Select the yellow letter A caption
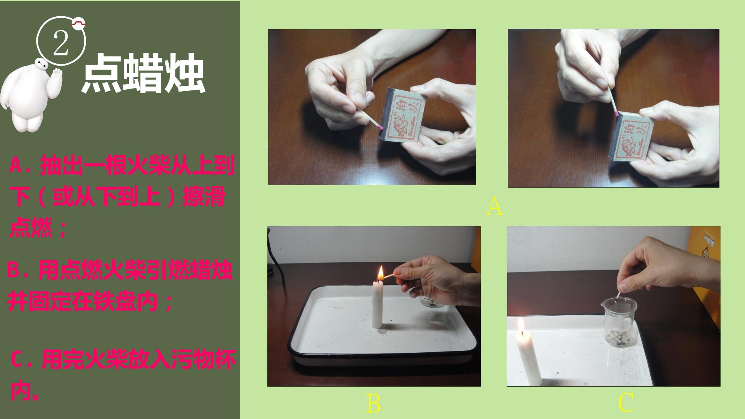(x=494, y=206)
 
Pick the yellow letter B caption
(x=373, y=403)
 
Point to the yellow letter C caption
(x=625, y=403)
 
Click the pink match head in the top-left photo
(x=381, y=126)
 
